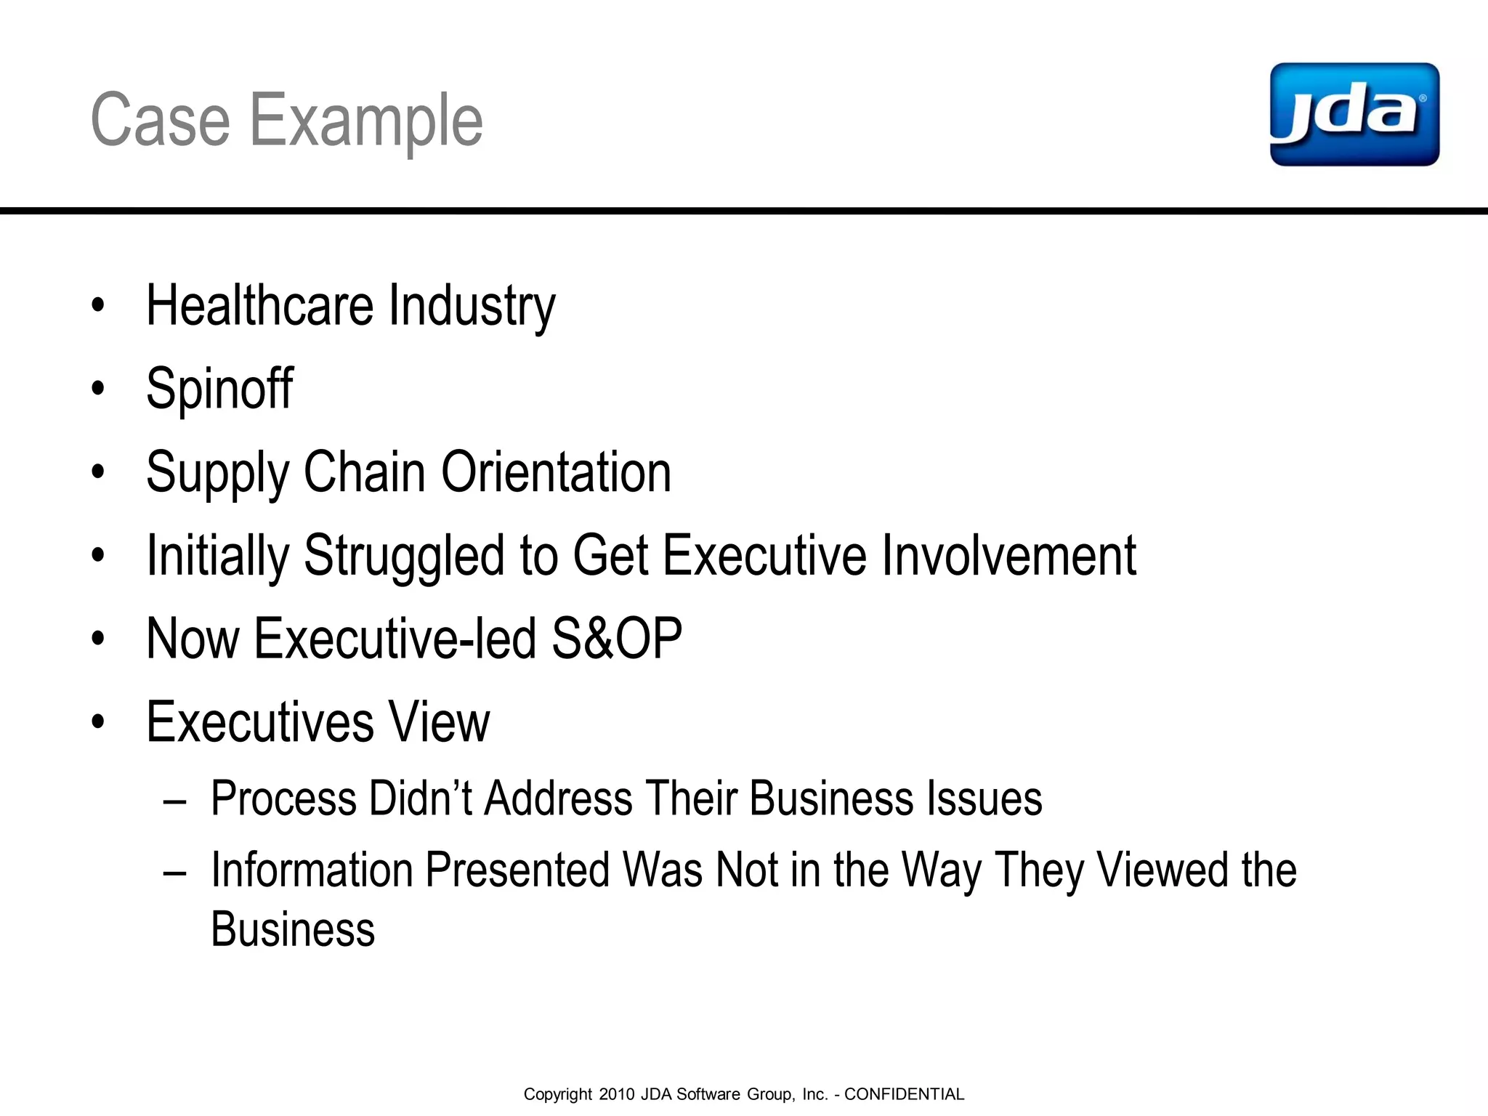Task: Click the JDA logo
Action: tap(1354, 115)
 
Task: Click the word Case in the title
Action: tap(160, 121)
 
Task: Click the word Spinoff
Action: tap(219, 389)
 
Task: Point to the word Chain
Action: tap(364, 472)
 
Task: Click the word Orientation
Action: tap(556, 472)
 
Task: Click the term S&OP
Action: tap(617, 639)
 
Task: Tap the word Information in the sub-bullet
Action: tap(311, 870)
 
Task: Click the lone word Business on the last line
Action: tap(293, 930)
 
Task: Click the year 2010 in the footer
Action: tap(617, 1094)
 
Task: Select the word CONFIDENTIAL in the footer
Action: tap(904, 1094)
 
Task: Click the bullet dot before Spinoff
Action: tap(98, 389)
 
